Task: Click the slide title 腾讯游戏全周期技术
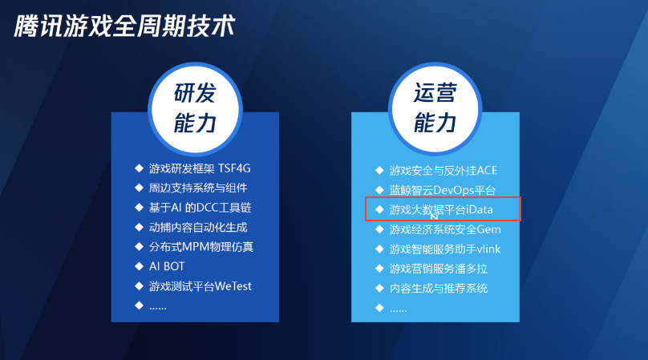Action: point(124,26)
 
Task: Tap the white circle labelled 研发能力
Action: point(195,109)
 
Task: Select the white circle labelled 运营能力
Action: point(435,109)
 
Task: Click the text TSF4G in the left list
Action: point(234,168)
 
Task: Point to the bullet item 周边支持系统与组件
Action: point(198,188)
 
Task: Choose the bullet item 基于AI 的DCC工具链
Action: point(200,208)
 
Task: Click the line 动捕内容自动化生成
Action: point(198,228)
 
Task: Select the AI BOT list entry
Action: point(167,266)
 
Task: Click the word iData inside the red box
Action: point(480,209)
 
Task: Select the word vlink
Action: point(489,249)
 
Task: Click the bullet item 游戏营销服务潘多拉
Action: point(439,269)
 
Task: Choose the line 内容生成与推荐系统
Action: point(439,288)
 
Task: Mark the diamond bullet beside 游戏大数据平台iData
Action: point(379,209)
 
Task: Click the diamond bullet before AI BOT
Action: point(139,266)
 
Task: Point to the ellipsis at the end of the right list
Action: point(398,309)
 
